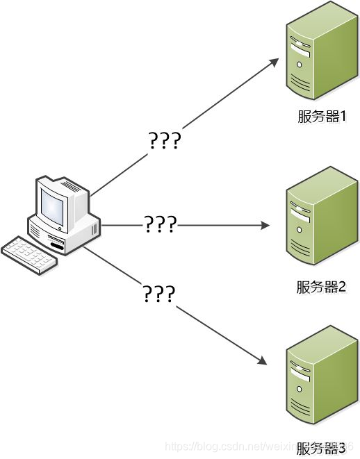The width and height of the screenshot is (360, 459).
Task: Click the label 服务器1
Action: [x=322, y=116]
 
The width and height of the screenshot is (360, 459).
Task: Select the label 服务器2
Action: [x=321, y=287]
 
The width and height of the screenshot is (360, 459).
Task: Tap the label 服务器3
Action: [x=321, y=449]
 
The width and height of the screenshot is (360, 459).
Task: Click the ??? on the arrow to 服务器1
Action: [x=165, y=141]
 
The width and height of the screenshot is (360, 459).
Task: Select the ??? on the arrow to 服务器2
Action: [x=161, y=225]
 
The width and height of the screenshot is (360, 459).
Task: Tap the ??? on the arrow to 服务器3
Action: [x=158, y=294]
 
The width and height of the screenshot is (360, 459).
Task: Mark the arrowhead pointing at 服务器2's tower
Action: [x=265, y=226]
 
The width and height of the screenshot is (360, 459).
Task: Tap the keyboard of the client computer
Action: [x=28, y=255]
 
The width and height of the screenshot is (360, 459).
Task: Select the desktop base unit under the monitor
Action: [x=66, y=233]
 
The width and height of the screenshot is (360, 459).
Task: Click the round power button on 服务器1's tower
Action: [x=300, y=64]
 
